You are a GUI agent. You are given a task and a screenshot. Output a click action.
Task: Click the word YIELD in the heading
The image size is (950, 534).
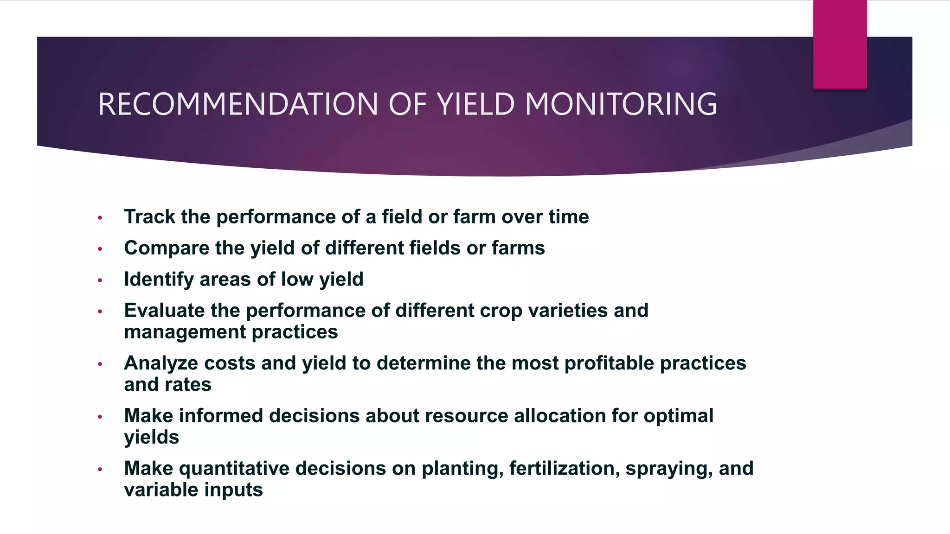pyautogui.click(x=476, y=104)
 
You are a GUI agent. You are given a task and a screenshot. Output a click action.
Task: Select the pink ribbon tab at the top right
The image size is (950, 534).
pyautogui.click(x=840, y=44)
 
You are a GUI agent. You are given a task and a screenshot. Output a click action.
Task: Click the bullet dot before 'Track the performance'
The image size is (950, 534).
pyautogui.click(x=100, y=218)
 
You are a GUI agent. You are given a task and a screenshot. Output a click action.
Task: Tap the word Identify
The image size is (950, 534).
pyautogui.click(x=159, y=280)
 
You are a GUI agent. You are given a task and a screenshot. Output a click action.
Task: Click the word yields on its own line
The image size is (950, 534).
pyautogui.click(x=151, y=437)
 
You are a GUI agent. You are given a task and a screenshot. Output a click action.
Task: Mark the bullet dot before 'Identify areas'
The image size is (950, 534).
pyautogui.click(x=100, y=280)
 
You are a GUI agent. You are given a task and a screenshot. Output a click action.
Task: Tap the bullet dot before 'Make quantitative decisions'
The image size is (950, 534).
pyautogui.click(x=100, y=470)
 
